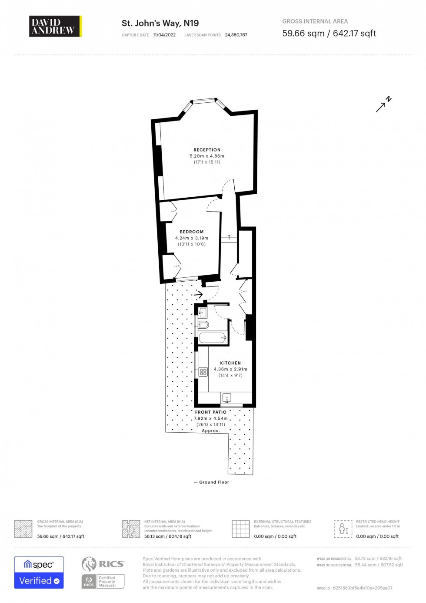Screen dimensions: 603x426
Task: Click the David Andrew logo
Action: (x=55, y=26)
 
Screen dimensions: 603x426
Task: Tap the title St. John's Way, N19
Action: (x=160, y=23)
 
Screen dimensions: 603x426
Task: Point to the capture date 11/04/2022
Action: (x=164, y=35)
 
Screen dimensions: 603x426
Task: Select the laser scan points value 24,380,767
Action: (x=236, y=35)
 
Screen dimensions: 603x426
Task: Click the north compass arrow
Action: (x=383, y=105)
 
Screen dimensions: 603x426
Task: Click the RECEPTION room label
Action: (x=207, y=150)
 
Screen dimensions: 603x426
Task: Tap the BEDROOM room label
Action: (x=192, y=232)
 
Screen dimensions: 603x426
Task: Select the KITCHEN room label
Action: (x=230, y=363)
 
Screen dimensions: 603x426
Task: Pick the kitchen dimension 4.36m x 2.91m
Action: (x=230, y=369)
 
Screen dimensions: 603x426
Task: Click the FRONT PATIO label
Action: (x=211, y=412)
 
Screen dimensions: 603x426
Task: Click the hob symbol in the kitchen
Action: (x=203, y=372)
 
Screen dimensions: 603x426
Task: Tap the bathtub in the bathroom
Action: (x=213, y=338)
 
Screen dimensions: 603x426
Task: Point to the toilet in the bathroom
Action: (x=203, y=324)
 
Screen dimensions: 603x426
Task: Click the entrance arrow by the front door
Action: (x=198, y=295)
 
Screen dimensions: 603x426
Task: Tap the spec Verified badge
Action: (x=39, y=573)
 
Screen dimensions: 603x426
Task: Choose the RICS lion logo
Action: (x=89, y=564)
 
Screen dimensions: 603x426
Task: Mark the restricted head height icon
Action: (x=343, y=529)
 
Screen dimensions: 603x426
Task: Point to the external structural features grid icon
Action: (x=240, y=529)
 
